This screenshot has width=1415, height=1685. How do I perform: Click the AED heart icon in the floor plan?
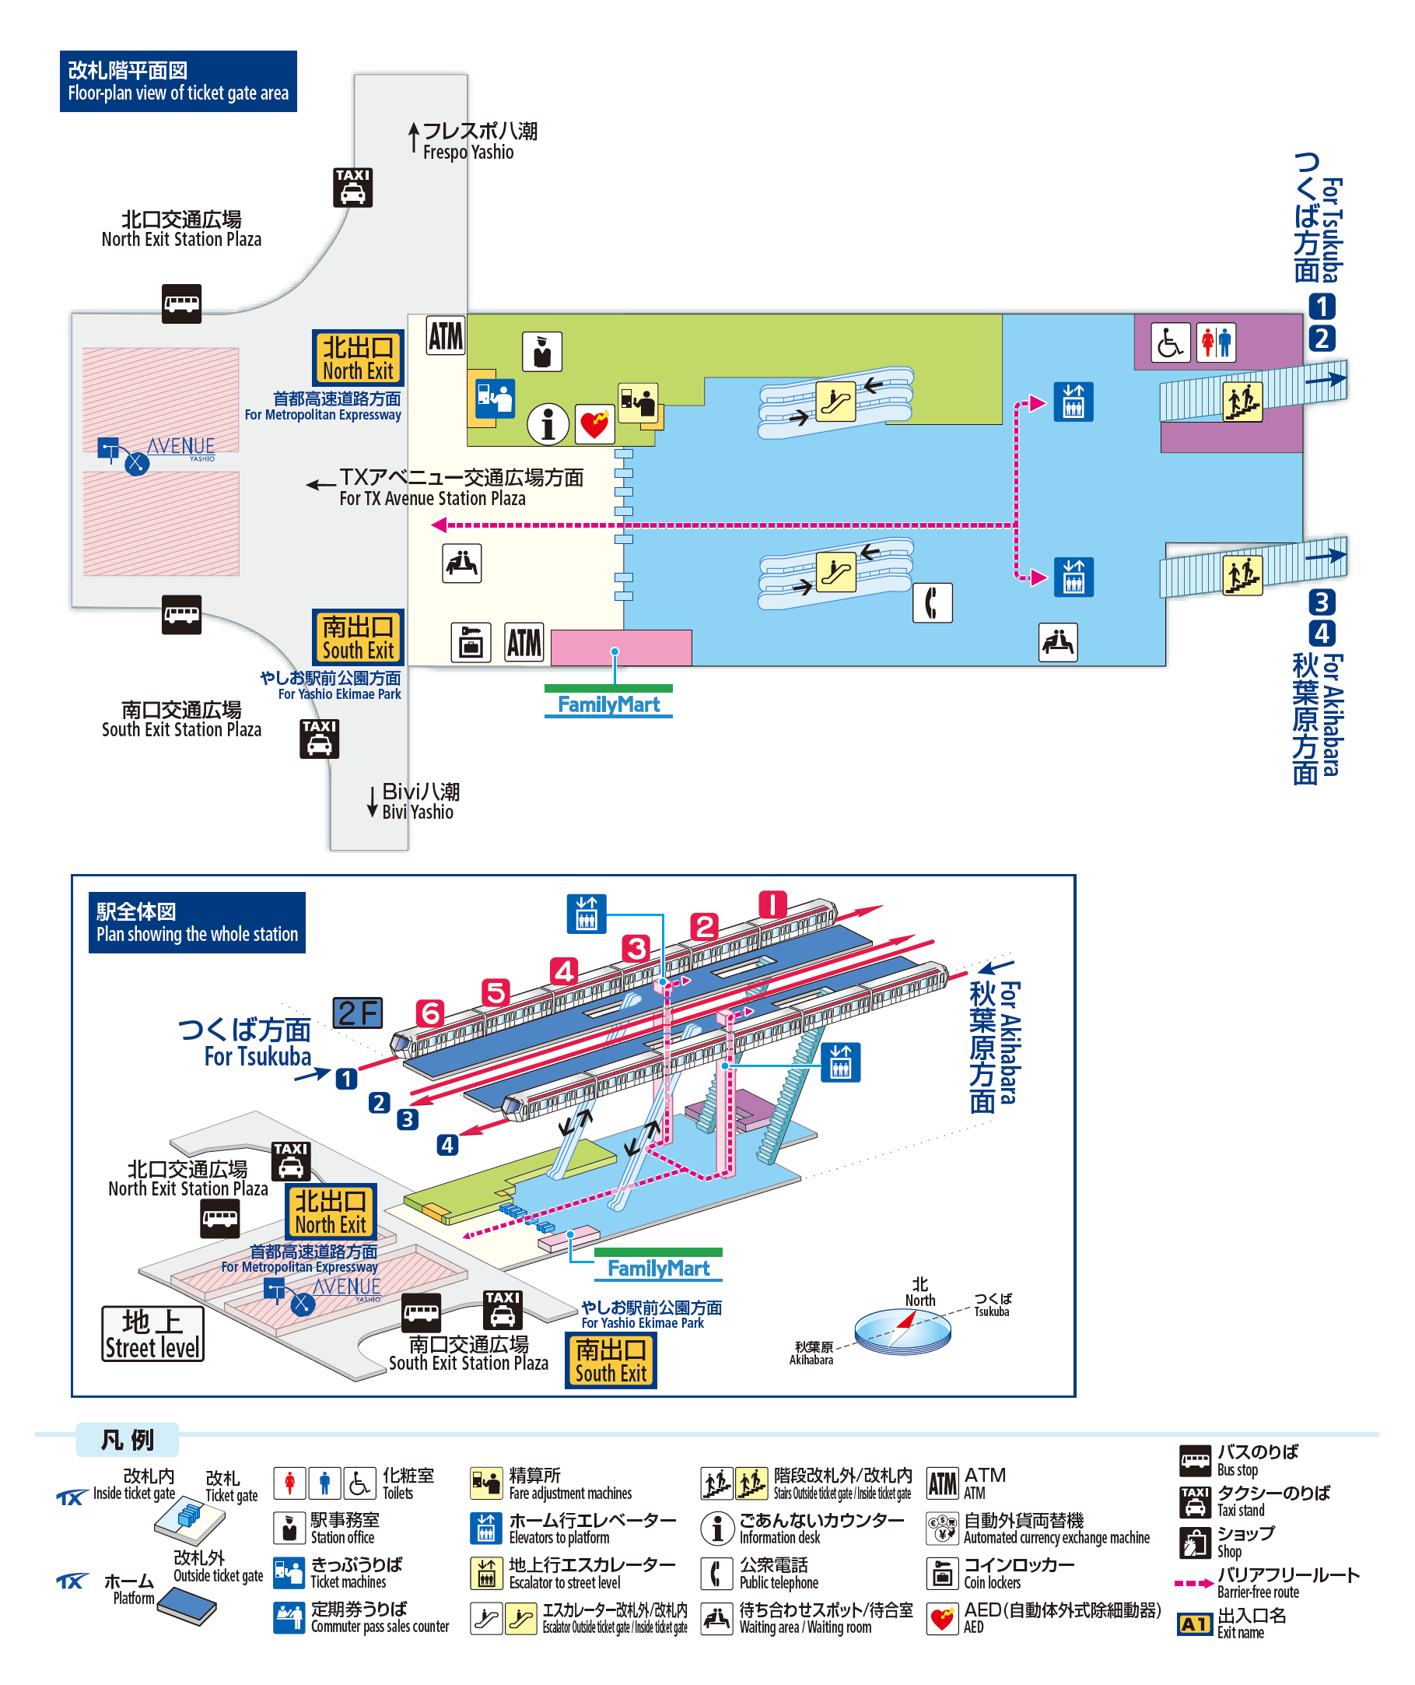594,423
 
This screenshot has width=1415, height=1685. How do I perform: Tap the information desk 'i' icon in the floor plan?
548,423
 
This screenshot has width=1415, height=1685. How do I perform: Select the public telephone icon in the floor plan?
932,602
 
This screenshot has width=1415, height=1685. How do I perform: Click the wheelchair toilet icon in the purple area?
1170,342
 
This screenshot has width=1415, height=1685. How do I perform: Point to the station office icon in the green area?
542,352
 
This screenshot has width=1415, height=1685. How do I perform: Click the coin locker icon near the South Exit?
471,642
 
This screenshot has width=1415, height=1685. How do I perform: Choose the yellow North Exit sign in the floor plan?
358,358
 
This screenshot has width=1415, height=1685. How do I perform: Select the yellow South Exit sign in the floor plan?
358,637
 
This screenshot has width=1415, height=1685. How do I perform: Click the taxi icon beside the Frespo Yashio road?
353,188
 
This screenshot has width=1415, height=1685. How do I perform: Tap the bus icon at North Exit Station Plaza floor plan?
181,304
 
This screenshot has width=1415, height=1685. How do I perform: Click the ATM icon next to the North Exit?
445,335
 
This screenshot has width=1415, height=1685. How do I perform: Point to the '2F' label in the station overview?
358,1013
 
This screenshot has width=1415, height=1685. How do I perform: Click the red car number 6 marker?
431,1013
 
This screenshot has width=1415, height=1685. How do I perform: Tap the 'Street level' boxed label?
152,1333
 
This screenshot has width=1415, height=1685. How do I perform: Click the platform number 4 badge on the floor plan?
1322,634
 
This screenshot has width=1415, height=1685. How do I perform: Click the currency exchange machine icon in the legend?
943,1529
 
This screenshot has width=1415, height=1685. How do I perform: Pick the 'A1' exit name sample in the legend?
1194,1624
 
